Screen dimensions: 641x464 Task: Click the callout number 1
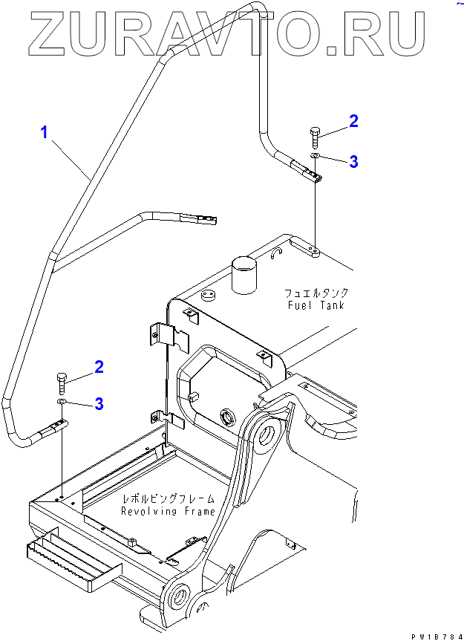[45, 134]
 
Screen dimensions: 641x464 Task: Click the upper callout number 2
[353, 121]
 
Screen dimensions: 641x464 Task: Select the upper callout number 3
[353, 161]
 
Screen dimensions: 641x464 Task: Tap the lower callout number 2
[98, 366]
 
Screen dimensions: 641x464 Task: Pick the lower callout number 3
[98, 404]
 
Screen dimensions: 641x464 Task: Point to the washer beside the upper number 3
[316, 157]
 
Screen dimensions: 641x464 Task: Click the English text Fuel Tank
[316, 305]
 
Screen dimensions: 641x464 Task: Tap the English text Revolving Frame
[168, 511]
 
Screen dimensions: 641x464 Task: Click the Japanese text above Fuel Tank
[316, 293]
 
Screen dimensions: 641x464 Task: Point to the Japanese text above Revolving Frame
[168, 499]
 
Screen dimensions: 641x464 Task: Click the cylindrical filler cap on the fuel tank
[243, 276]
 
